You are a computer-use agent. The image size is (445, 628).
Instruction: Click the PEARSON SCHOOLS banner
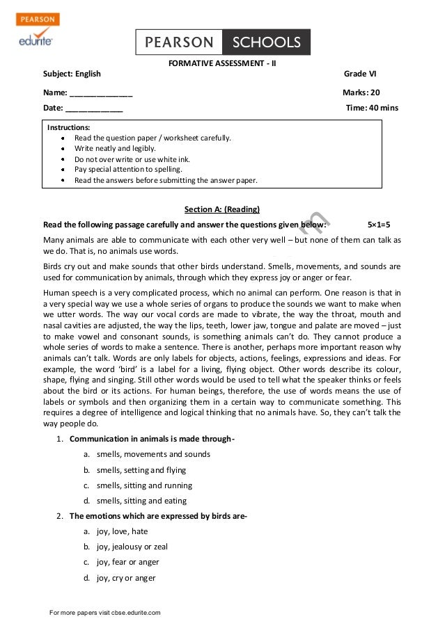(x=222, y=42)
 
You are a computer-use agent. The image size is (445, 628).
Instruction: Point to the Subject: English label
(x=72, y=74)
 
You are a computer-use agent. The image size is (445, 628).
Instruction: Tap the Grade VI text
(x=359, y=74)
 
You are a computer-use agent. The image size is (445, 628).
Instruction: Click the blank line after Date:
(x=94, y=108)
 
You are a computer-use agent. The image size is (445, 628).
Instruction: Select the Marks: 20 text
(x=361, y=92)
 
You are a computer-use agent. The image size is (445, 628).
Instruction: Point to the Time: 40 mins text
(x=372, y=108)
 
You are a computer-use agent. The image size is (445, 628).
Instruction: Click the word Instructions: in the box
(x=68, y=127)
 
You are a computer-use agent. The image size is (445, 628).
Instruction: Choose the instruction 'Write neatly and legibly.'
(x=115, y=148)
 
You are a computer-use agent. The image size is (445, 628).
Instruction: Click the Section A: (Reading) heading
(x=221, y=209)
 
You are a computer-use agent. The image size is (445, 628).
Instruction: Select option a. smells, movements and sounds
(x=153, y=454)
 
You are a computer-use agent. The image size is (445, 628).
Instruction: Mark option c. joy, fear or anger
(x=127, y=562)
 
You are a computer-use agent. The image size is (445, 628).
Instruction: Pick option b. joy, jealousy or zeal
(x=132, y=547)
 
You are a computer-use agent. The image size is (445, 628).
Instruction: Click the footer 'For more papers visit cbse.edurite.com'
(x=104, y=613)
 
